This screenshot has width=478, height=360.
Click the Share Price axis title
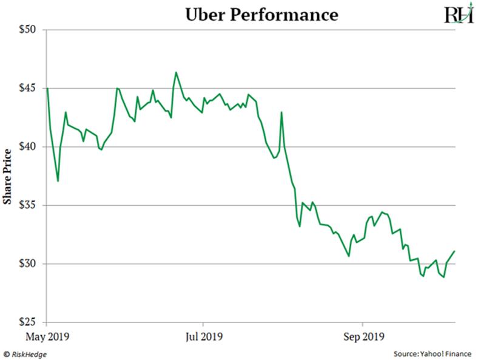tap(8, 176)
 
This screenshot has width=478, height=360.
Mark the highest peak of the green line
tap(176, 72)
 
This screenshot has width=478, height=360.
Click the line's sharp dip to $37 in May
tap(58, 181)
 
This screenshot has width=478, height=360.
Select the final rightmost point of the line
tap(454, 251)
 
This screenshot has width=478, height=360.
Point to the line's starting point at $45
tap(47, 89)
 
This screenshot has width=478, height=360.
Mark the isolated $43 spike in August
tap(281, 112)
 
